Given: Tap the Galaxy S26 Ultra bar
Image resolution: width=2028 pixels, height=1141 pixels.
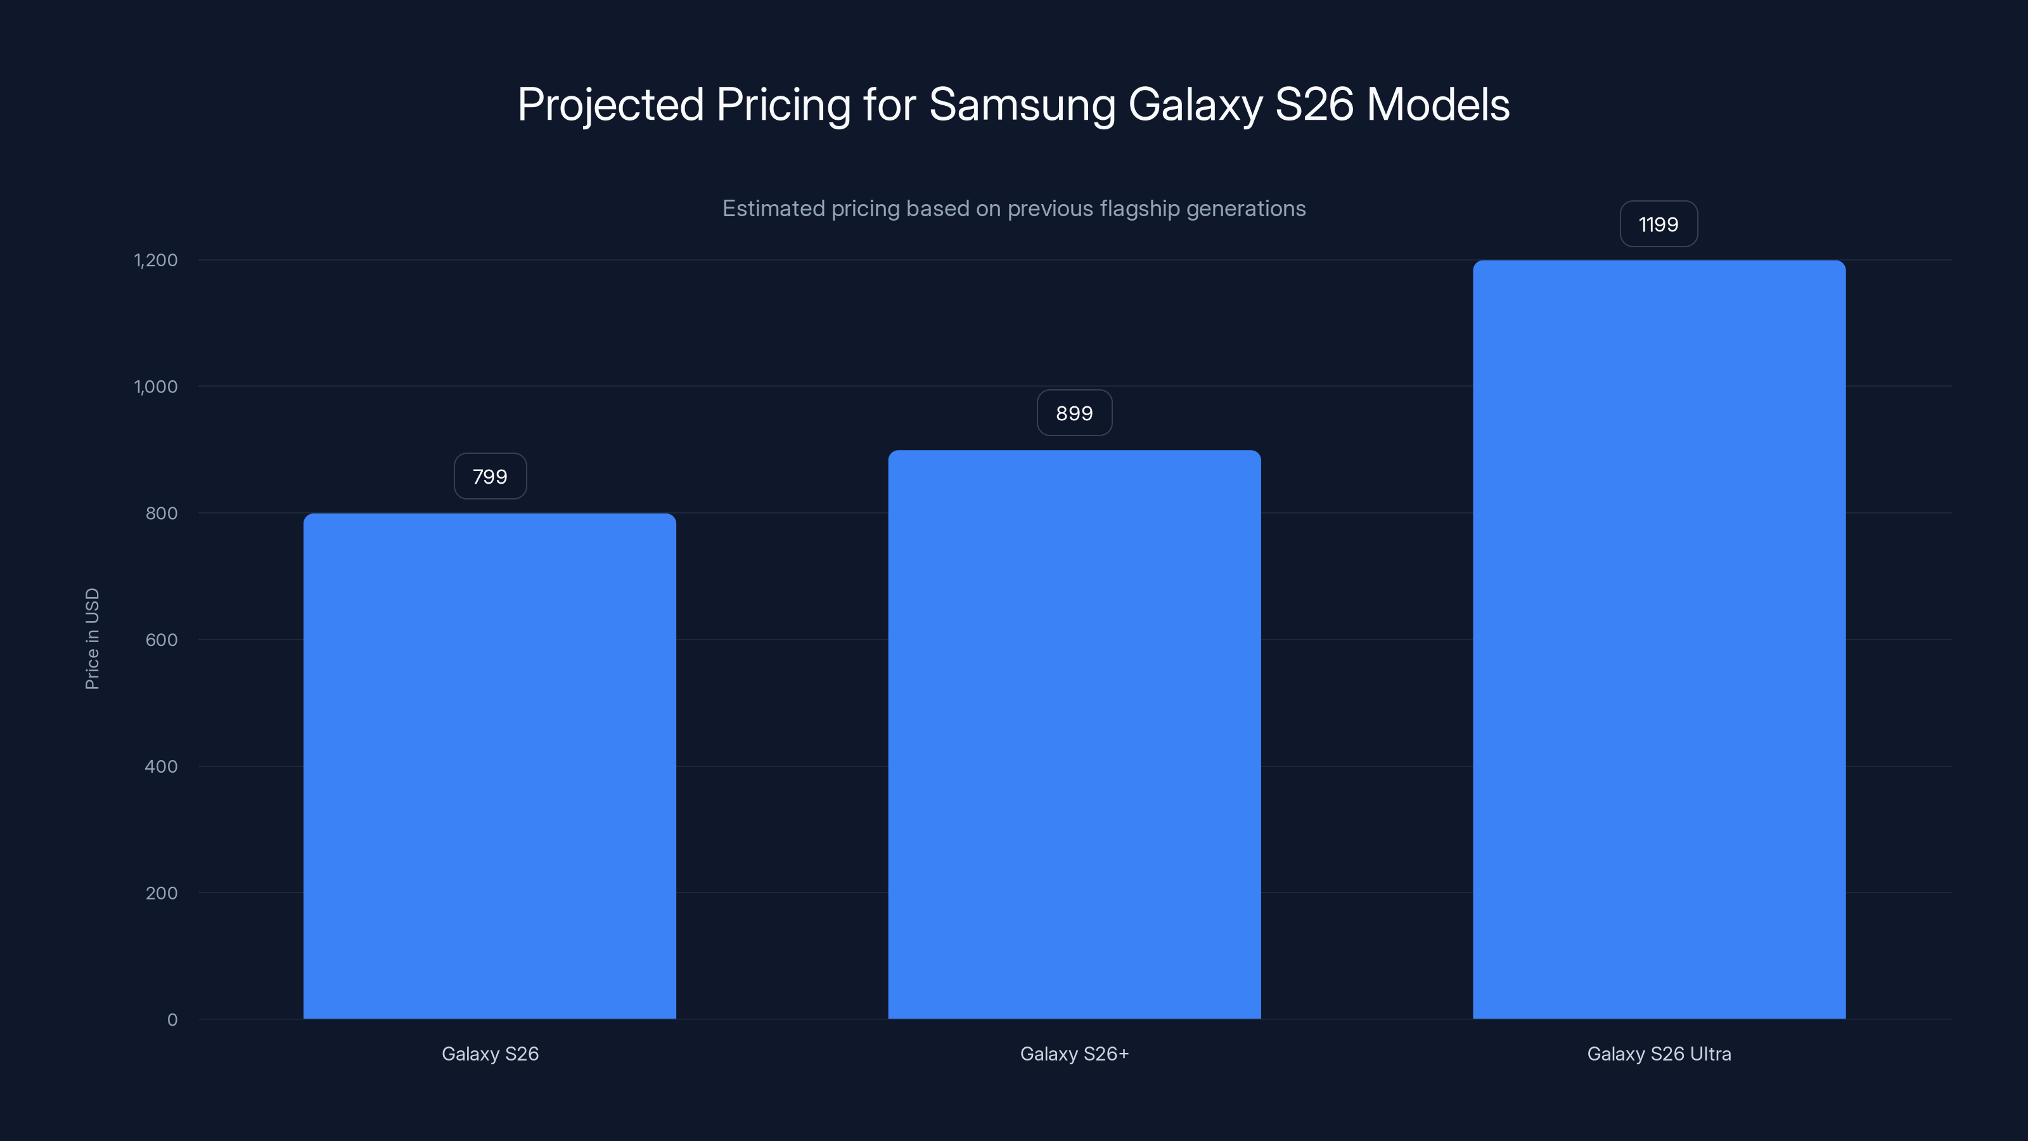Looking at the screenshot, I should tap(1659, 640).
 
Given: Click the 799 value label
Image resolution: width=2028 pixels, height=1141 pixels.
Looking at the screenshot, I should tap(490, 477).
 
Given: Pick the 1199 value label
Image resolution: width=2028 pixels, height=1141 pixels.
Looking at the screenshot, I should tap(1658, 224).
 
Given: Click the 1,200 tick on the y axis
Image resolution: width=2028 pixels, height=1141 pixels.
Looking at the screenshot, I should tap(156, 261).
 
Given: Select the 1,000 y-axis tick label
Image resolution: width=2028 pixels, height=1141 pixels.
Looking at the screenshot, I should tap(156, 387).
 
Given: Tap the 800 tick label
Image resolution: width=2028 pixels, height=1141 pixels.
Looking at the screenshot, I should tap(162, 513).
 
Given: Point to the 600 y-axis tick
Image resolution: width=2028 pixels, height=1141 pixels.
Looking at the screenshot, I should tap(162, 640).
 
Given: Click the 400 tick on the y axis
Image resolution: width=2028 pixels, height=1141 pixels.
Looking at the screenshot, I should tap(162, 767).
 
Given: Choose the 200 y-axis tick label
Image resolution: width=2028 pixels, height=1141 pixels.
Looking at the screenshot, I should tap(162, 893).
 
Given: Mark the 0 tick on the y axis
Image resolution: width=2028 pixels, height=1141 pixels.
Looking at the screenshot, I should tap(172, 1020).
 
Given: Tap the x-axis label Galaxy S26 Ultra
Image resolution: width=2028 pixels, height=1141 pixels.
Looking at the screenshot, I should tap(1659, 1054).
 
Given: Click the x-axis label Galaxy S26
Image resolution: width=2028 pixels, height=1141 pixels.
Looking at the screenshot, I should tap(490, 1054).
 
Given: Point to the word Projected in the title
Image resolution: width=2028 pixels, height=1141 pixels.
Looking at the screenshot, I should tap(610, 105).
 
